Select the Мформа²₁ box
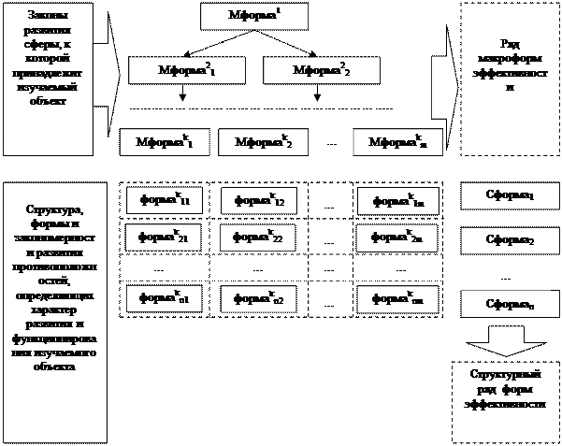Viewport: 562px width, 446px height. [x=186, y=70]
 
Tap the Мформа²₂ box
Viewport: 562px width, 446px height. [x=321, y=70]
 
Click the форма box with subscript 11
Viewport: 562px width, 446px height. [x=165, y=200]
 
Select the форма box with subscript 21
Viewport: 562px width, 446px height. [x=165, y=238]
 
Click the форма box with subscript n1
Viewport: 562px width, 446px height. [x=165, y=298]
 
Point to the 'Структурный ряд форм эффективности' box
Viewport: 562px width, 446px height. [x=505, y=389]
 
